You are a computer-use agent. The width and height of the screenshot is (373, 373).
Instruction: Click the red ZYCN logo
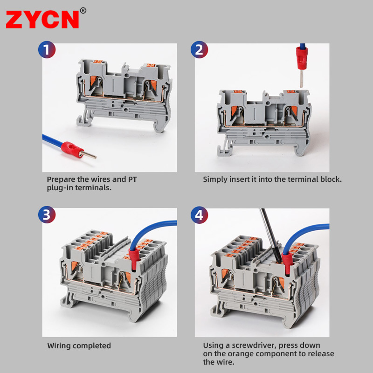point(42,20)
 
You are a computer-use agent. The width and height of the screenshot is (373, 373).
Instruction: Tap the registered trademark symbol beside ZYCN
point(83,11)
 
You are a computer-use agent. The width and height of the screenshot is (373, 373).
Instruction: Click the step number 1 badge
point(47,50)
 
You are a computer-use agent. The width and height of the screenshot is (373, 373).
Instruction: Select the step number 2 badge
point(200,50)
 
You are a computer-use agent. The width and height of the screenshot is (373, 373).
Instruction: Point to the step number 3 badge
point(47,214)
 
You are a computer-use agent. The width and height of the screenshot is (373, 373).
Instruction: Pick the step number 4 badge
point(200,215)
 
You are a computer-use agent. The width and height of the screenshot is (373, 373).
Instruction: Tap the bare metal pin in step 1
point(88,155)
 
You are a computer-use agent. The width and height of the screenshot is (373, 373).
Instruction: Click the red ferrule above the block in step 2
point(302,59)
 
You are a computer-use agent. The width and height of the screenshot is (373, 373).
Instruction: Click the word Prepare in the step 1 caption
point(61,180)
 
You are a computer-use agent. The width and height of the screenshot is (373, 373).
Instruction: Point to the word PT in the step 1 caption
point(132,179)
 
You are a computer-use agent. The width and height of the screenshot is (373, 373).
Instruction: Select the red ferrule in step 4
point(287,264)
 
